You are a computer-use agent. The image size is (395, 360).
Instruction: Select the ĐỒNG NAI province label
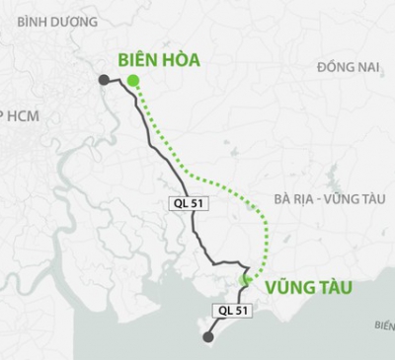(349, 66)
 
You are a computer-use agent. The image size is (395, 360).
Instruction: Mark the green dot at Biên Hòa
(133, 82)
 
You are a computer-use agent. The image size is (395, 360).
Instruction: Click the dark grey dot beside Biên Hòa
(104, 80)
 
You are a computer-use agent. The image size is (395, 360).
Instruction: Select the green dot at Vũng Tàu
(245, 281)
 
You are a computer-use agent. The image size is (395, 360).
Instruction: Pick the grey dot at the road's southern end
(207, 337)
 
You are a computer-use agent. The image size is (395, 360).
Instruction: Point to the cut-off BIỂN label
(384, 324)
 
